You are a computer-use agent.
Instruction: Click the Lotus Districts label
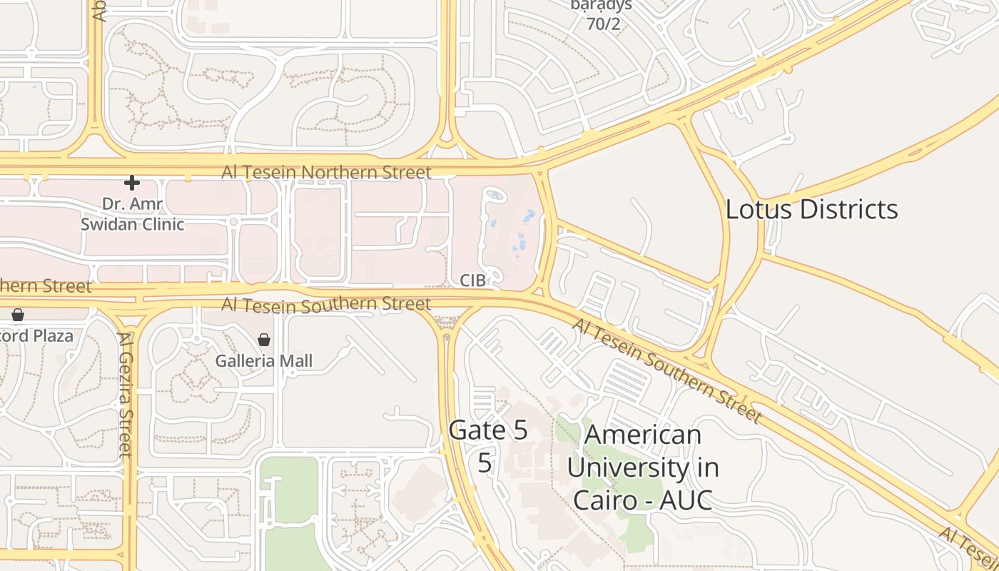coord(811,209)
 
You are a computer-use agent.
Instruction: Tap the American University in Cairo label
coord(643,468)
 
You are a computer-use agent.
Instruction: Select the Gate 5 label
coord(488,430)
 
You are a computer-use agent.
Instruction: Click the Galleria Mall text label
coord(264,361)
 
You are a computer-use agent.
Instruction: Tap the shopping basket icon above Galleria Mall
coord(264,340)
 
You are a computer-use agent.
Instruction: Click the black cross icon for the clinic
coord(132,183)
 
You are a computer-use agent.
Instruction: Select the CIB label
coord(472,281)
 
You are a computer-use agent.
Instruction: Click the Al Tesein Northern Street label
coord(326,172)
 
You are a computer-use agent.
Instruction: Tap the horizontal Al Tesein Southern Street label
coord(326,304)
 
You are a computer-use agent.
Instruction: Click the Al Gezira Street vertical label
coord(126,394)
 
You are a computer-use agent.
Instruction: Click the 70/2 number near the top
coord(603,24)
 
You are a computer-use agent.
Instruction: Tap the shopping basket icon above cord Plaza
coord(18,314)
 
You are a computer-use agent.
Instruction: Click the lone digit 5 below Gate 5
coord(485,463)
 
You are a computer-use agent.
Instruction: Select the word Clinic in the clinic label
coord(161,224)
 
